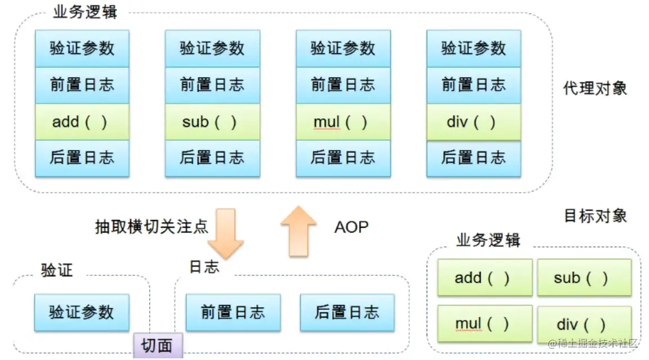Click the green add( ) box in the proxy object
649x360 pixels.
[82, 122]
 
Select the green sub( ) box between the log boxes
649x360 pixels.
[212, 122]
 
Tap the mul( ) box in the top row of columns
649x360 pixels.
[343, 122]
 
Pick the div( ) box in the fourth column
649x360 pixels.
[473, 122]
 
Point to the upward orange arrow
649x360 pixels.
[298, 231]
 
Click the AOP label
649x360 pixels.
[351, 227]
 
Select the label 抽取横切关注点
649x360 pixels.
[151, 227]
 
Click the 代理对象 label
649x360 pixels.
[595, 88]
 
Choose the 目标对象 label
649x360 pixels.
[595, 216]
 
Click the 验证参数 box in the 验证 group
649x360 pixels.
[82, 312]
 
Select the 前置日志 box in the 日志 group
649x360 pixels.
[233, 312]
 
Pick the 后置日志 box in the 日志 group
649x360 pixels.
[347, 312]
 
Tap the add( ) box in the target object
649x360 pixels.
[485, 278]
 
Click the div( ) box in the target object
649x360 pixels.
[584, 325]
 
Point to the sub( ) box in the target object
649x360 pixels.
[584, 278]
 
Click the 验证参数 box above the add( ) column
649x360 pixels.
[82, 49]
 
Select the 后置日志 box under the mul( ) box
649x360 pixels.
[343, 158]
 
